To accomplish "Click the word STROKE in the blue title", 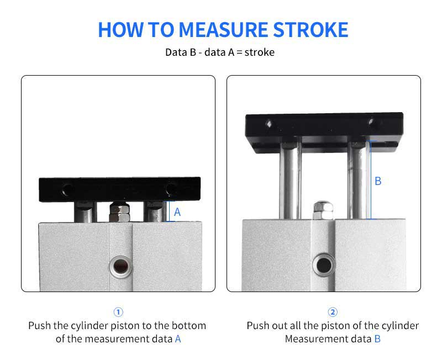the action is (x=311, y=30).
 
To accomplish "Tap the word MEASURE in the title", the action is (x=223, y=30).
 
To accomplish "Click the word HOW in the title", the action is (x=120, y=30).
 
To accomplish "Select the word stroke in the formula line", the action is (x=259, y=52).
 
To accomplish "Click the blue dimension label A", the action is (x=177, y=212).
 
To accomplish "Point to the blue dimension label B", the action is (x=378, y=181).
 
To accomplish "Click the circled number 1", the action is (x=118, y=312).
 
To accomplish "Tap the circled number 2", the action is (x=333, y=312).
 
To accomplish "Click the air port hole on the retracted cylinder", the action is (x=121, y=267).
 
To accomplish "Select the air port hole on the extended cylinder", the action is (x=324, y=265).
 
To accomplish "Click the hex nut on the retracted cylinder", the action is (x=119, y=212).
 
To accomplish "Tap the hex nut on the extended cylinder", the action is (x=323, y=210).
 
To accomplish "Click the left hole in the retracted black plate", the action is (x=67, y=189).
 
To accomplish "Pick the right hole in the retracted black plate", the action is (x=171, y=189).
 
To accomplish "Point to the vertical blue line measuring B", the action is (x=371, y=180).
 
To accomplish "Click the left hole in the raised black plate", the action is (x=269, y=123).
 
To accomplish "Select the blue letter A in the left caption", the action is (x=178, y=338).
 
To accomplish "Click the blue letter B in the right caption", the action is (x=377, y=338).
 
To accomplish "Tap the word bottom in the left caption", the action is (x=189, y=326).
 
